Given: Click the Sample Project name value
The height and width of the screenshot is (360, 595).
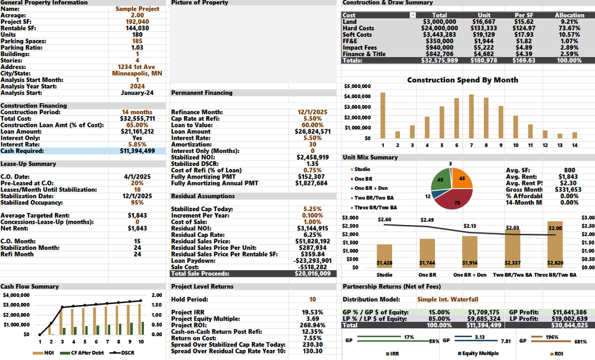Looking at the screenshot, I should click(137, 9).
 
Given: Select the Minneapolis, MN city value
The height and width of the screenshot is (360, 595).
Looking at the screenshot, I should click(137, 73).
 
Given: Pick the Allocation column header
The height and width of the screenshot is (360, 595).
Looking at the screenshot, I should click(569, 15).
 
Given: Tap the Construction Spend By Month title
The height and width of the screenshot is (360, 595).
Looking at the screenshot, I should click(462, 80).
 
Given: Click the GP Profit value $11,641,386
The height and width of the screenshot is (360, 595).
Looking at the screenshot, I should click(569, 311).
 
